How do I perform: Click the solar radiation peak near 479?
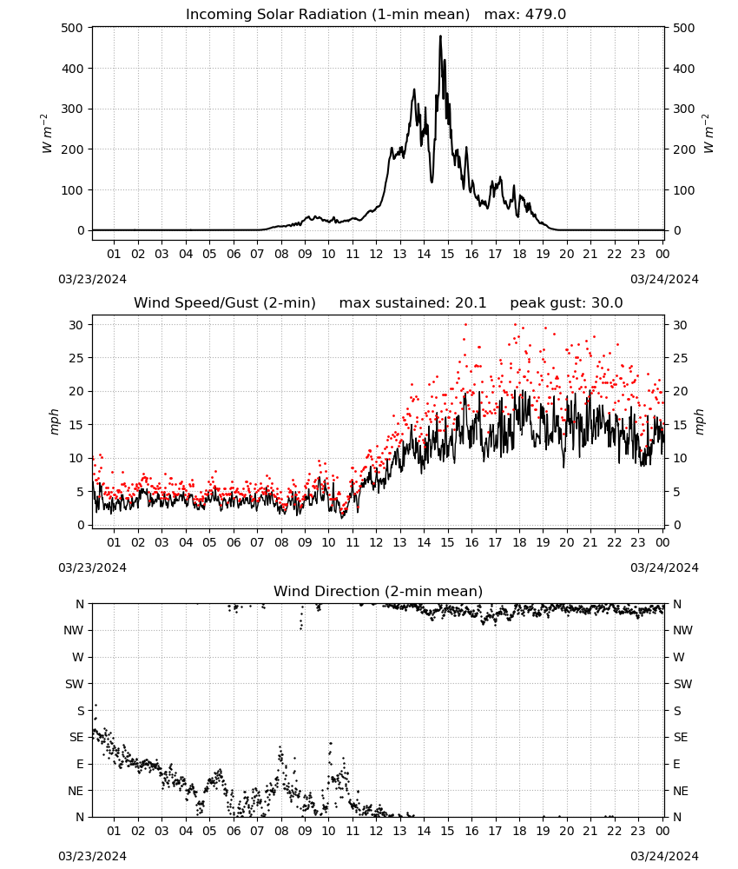point(441,36)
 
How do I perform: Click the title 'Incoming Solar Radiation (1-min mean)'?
point(327,14)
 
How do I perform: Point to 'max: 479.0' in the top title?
point(525,14)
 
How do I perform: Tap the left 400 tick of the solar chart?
point(72,69)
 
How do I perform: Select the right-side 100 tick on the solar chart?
point(684,190)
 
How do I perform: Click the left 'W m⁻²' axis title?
point(47,134)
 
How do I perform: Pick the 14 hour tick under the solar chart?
point(424,254)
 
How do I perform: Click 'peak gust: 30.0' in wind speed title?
point(566,303)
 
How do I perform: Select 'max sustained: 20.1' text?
point(412,303)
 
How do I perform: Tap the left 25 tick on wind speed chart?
point(76,358)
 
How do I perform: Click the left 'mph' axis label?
point(54,421)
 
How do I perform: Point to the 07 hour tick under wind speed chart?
point(257,542)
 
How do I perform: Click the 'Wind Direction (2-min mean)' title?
point(379,591)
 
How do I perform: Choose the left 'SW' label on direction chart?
point(75,684)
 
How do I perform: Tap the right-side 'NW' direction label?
point(682,630)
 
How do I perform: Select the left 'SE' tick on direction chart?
point(76,737)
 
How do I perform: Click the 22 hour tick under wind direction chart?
point(614,831)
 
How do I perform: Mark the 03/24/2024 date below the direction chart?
point(664,856)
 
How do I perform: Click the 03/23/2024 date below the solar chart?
point(92,279)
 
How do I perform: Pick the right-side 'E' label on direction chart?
point(676,764)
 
